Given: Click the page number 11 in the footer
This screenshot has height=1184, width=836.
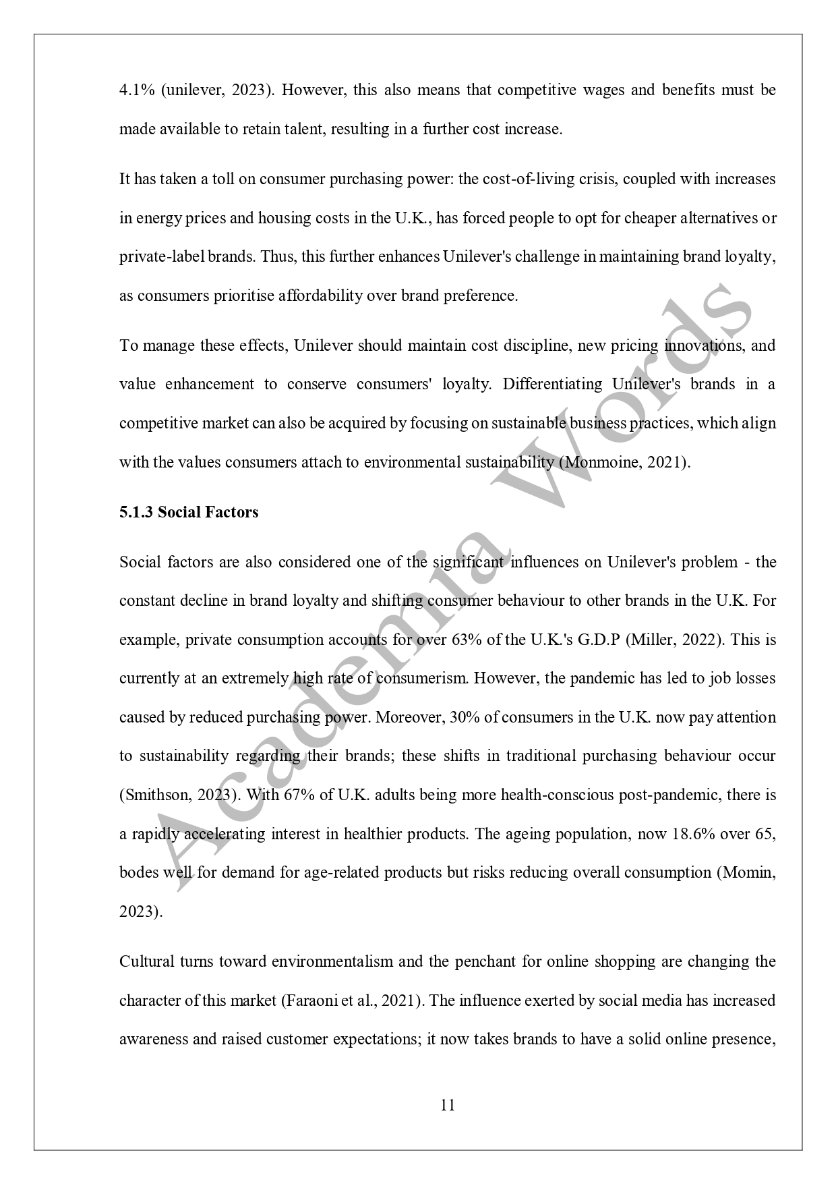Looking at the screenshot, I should point(447,1105).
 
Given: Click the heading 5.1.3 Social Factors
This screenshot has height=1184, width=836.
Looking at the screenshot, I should point(189,512).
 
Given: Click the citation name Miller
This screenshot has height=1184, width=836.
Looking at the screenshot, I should point(654,639).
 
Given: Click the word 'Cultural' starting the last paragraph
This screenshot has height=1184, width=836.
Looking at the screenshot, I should point(146,961).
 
